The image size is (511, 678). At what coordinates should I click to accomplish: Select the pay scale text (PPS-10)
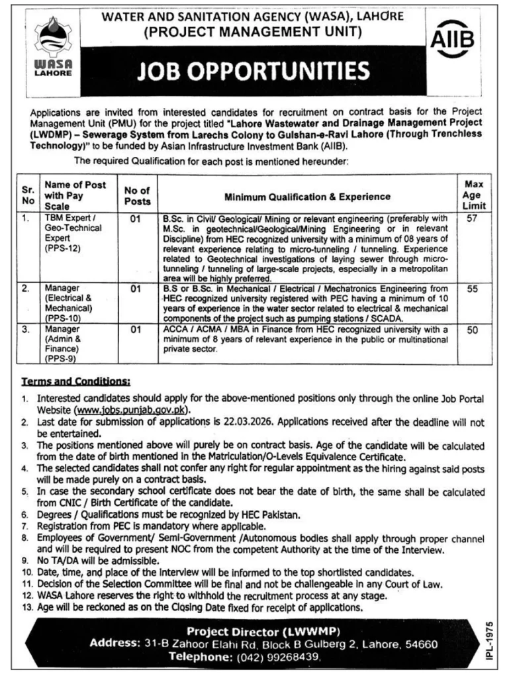[62, 318]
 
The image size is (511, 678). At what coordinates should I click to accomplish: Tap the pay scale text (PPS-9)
[60, 358]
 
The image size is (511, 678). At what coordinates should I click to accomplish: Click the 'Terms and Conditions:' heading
[76, 381]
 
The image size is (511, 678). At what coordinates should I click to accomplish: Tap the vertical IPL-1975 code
[488, 642]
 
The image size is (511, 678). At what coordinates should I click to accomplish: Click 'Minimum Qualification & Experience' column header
[306, 197]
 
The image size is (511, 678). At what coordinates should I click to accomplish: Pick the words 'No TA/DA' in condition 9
[55, 560]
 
